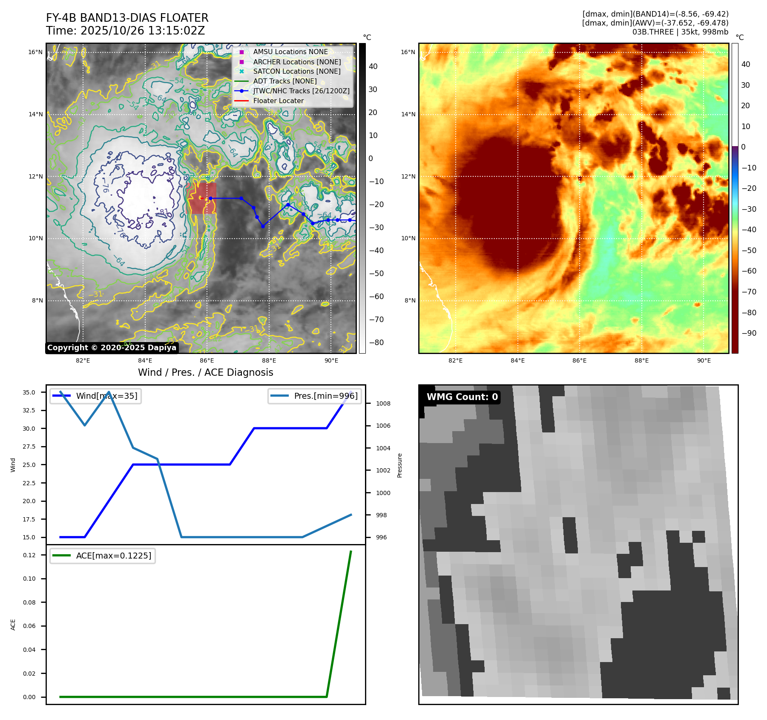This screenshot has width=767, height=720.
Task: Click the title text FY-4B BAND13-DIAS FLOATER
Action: (127, 18)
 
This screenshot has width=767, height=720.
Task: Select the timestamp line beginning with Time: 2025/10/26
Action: (125, 31)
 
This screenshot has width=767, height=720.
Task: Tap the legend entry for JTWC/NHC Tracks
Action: (301, 91)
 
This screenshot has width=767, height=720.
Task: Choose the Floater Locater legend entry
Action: (278, 101)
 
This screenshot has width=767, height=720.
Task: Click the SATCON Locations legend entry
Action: (296, 72)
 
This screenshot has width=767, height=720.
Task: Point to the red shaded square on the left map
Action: (201, 198)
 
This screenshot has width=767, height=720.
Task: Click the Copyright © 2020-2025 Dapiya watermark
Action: (112, 348)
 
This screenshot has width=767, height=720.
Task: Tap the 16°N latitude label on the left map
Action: (35, 52)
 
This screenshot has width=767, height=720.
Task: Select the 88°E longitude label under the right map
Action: (641, 360)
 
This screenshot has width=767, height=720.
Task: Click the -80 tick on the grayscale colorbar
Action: (376, 343)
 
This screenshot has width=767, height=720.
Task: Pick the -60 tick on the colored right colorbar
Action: (749, 271)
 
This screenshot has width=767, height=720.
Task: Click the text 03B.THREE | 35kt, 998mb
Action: (680, 32)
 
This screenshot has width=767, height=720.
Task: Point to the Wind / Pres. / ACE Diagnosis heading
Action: (205, 372)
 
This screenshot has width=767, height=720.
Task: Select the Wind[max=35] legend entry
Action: (106, 396)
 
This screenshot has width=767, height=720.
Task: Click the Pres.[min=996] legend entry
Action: (326, 396)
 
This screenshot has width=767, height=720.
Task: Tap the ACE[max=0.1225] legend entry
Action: (113, 556)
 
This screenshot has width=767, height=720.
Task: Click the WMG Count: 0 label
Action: (462, 397)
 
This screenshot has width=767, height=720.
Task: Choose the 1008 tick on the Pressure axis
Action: (383, 403)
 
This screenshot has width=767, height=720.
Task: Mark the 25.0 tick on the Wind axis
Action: (29, 465)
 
